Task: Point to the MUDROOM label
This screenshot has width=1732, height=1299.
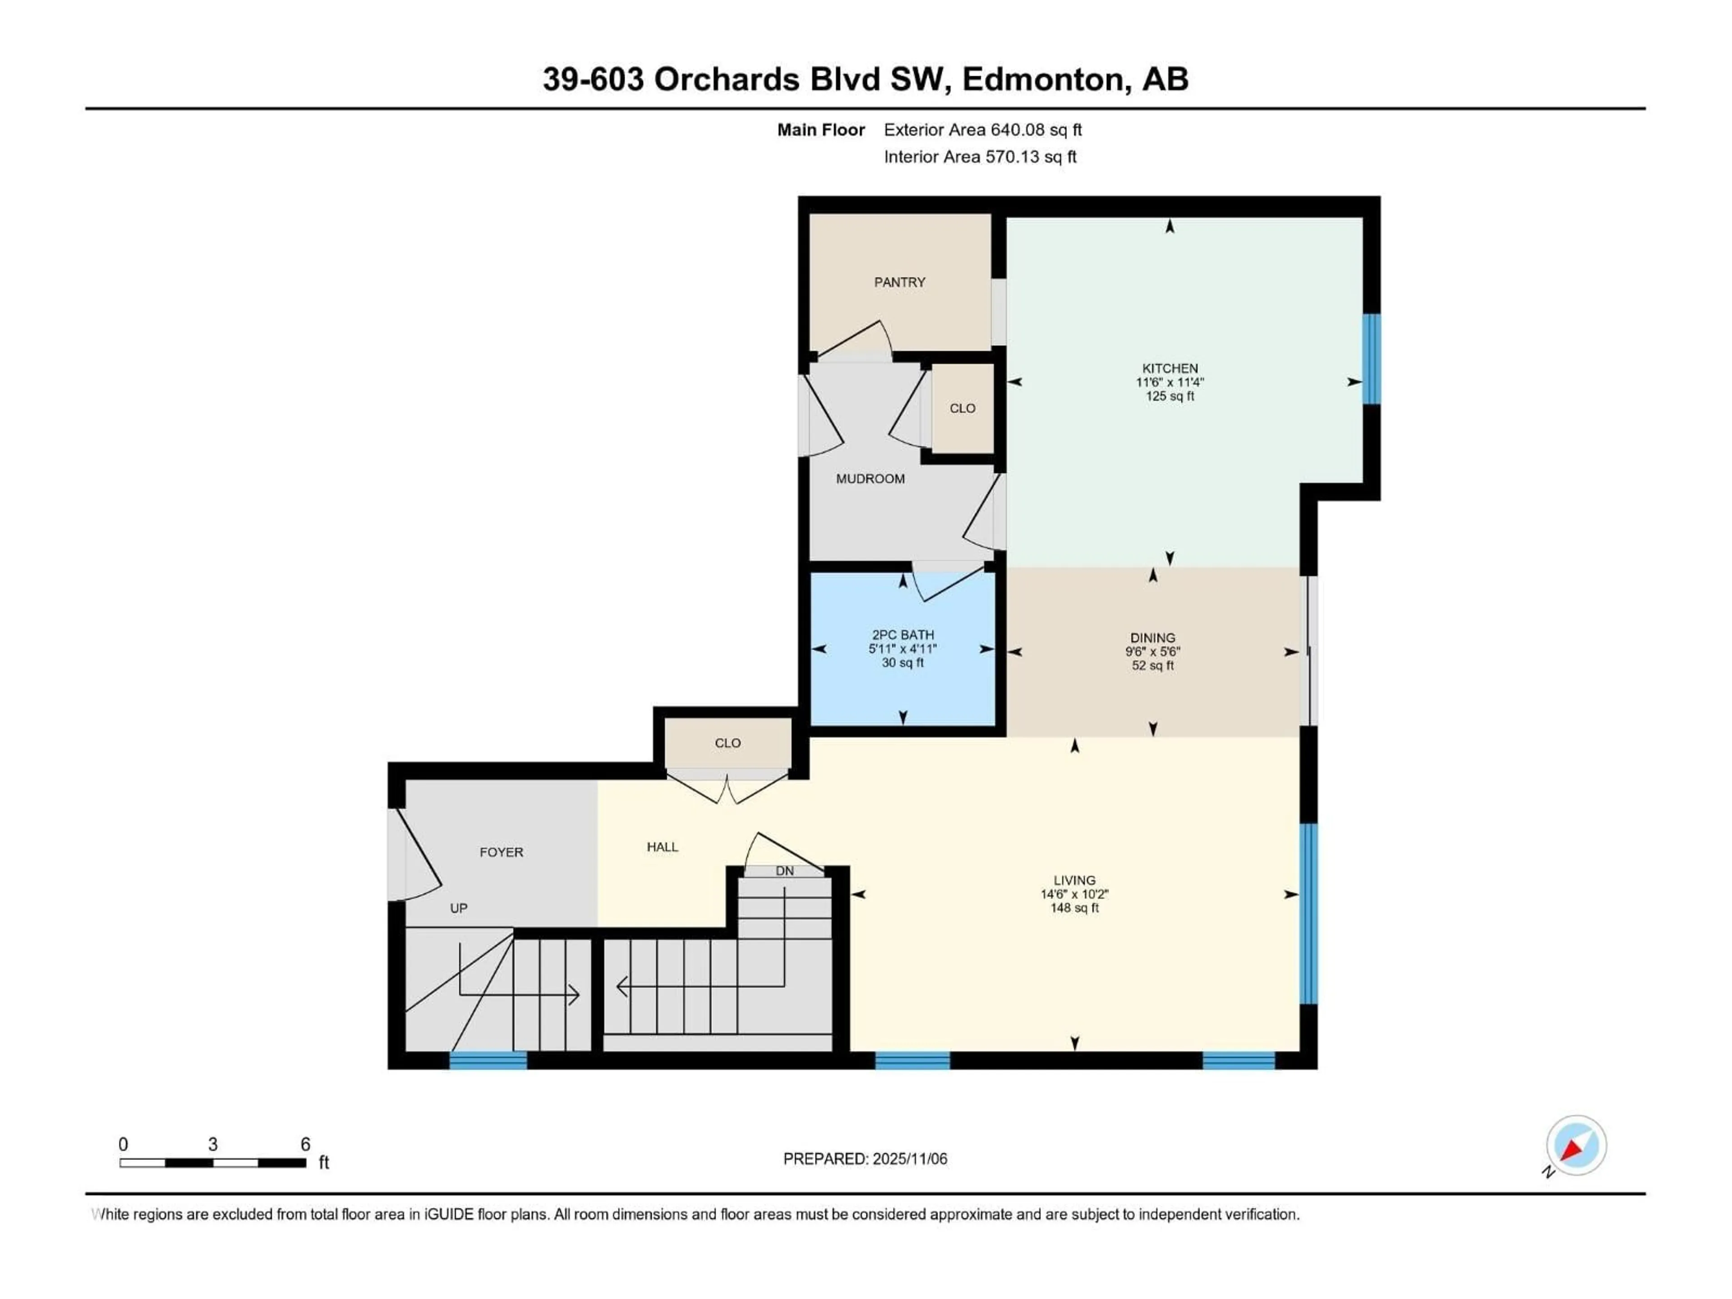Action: [x=870, y=479]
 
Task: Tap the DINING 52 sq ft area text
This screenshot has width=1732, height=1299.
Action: [x=1152, y=666]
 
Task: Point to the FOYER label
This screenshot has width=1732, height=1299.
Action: [x=501, y=852]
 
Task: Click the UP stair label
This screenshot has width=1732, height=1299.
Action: [x=458, y=908]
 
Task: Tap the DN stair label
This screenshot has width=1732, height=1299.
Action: [x=784, y=871]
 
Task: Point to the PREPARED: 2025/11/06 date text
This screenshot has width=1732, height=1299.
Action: [x=865, y=1159]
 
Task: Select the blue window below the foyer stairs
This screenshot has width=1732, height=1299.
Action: [x=488, y=1061]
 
